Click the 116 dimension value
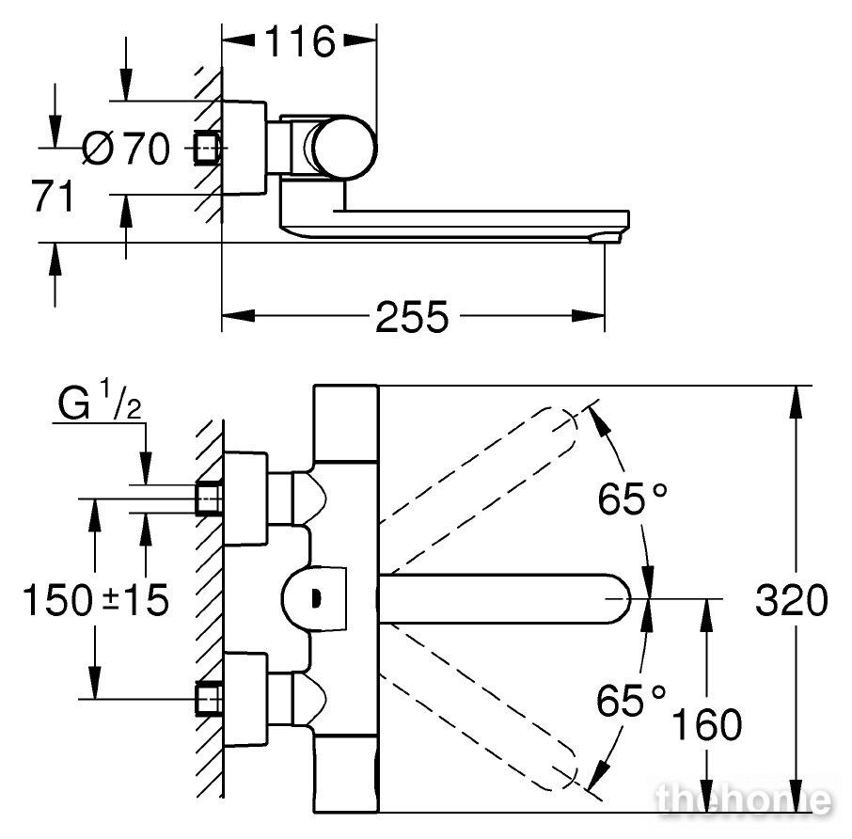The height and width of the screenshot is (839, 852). click(300, 41)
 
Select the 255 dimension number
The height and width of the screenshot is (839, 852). click(413, 317)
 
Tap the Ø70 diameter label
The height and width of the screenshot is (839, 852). click(126, 148)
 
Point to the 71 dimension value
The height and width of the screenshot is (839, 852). click(52, 197)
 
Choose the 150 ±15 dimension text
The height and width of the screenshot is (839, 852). click(96, 600)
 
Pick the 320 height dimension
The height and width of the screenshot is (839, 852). click(791, 600)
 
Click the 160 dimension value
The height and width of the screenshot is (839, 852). click(706, 724)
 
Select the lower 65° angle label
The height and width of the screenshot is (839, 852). click(631, 701)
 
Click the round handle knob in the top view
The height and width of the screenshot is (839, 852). click(345, 148)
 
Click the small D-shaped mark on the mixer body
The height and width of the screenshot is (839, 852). click(317, 599)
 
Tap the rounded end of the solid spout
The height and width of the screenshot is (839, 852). click(620, 598)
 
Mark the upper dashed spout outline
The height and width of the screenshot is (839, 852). click(479, 468)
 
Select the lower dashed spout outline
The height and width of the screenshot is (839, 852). click(479, 731)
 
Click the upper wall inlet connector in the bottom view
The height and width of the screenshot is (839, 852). click(209, 499)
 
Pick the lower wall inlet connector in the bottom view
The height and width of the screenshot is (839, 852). click(209, 700)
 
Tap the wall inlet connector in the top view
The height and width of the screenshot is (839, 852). click(208, 148)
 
